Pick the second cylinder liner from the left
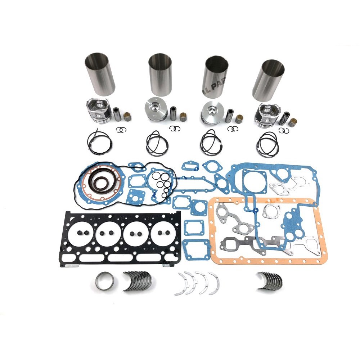[x=160, y=75]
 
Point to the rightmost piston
[x=265, y=115]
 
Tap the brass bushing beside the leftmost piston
[x=127, y=117]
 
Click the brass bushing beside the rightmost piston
[x=293, y=122]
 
